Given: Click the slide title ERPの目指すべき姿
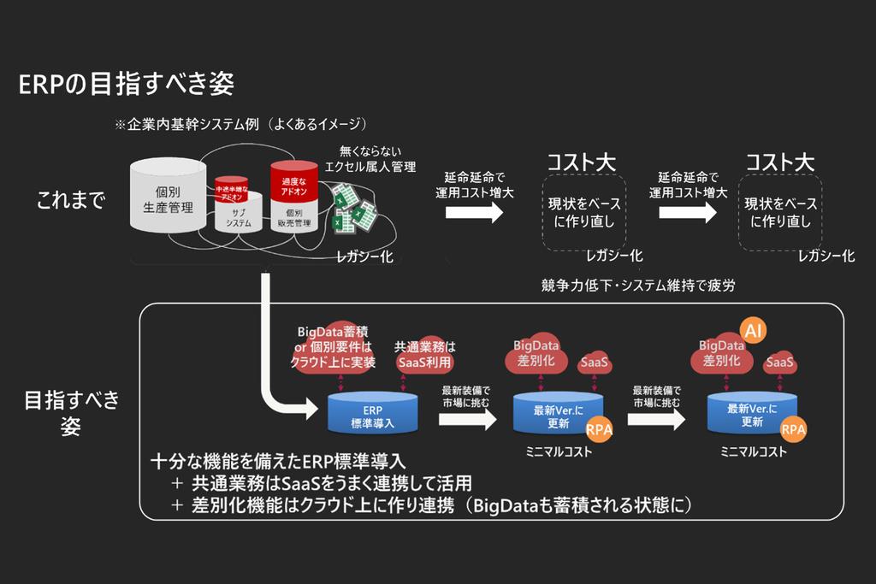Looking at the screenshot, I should point(126,84).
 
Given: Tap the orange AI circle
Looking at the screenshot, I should point(754,330).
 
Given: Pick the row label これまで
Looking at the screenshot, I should point(70,201).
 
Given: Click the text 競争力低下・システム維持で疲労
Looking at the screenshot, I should point(638,286).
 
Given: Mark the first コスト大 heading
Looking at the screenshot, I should point(582,162).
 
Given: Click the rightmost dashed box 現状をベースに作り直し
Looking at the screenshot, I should point(781,213).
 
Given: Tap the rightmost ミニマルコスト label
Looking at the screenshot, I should point(753,451).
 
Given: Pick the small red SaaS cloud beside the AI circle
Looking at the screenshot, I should point(779,363).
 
